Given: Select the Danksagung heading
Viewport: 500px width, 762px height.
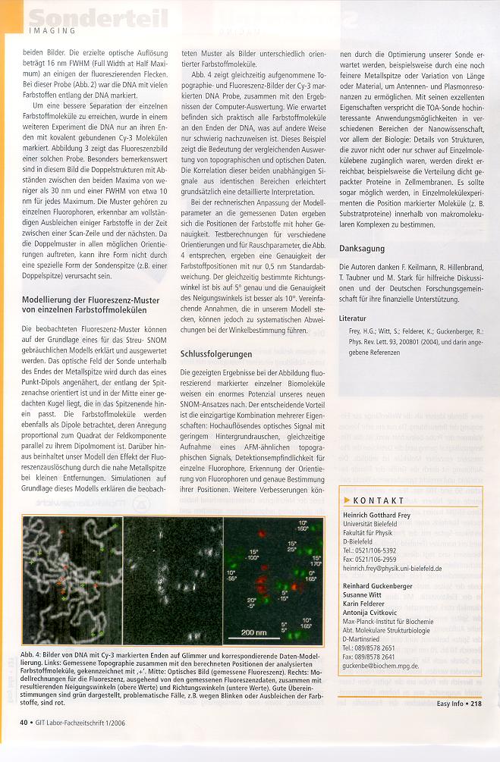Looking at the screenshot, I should (361, 248).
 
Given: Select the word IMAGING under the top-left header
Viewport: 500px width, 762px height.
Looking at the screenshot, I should (52, 31).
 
